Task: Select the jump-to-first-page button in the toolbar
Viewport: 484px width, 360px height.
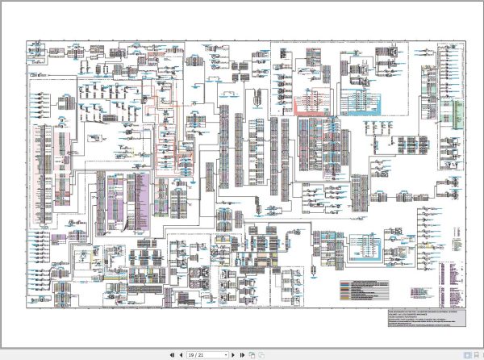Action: pyautogui.click(x=171, y=354)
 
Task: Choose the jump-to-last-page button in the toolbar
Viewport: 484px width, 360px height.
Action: pyautogui.click(x=243, y=354)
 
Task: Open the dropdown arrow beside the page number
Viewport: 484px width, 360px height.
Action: pyautogui.click(x=226, y=354)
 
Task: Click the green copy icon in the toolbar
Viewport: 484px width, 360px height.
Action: pyautogui.click(x=252, y=354)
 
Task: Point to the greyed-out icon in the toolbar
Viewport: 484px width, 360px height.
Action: pyautogui.click(x=261, y=354)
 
